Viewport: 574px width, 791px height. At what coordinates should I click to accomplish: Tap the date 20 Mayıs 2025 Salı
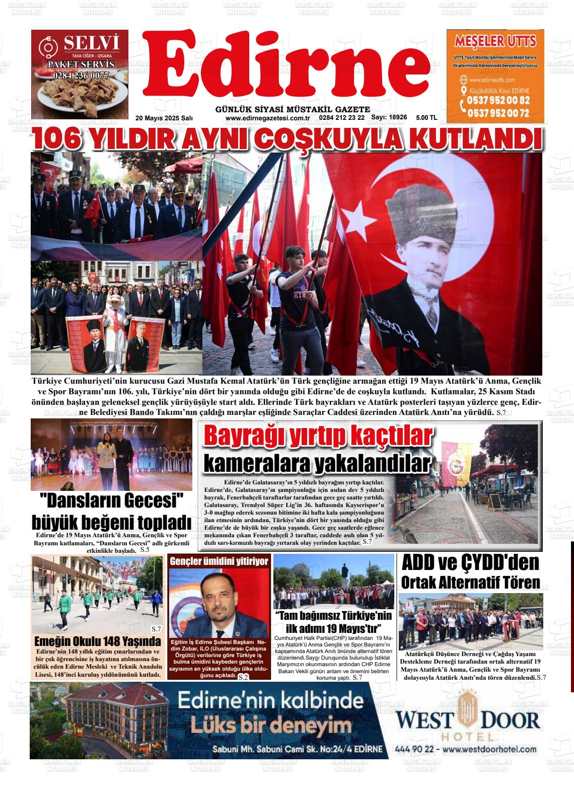pyautogui.click(x=164, y=118)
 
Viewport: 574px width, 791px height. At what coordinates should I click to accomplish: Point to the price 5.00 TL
pyautogui.click(x=426, y=117)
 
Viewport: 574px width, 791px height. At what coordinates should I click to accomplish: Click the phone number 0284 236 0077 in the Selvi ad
pyautogui.click(x=81, y=76)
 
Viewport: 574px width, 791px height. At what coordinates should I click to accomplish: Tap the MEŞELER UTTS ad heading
pyautogui.click(x=495, y=41)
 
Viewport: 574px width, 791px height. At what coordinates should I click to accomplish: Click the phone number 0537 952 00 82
pyautogui.click(x=498, y=101)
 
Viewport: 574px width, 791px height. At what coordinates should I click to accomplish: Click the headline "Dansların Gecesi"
pyautogui.click(x=111, y=501)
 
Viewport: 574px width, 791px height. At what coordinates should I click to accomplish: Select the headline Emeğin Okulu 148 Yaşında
pyautogui.click(x=97, y=641)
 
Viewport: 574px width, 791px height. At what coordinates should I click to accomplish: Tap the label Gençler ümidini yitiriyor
pyautogui.click(x=219, y=561)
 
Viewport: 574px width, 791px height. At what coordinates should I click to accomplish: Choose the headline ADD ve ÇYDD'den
pyautogui.click(x=470, y=563)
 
